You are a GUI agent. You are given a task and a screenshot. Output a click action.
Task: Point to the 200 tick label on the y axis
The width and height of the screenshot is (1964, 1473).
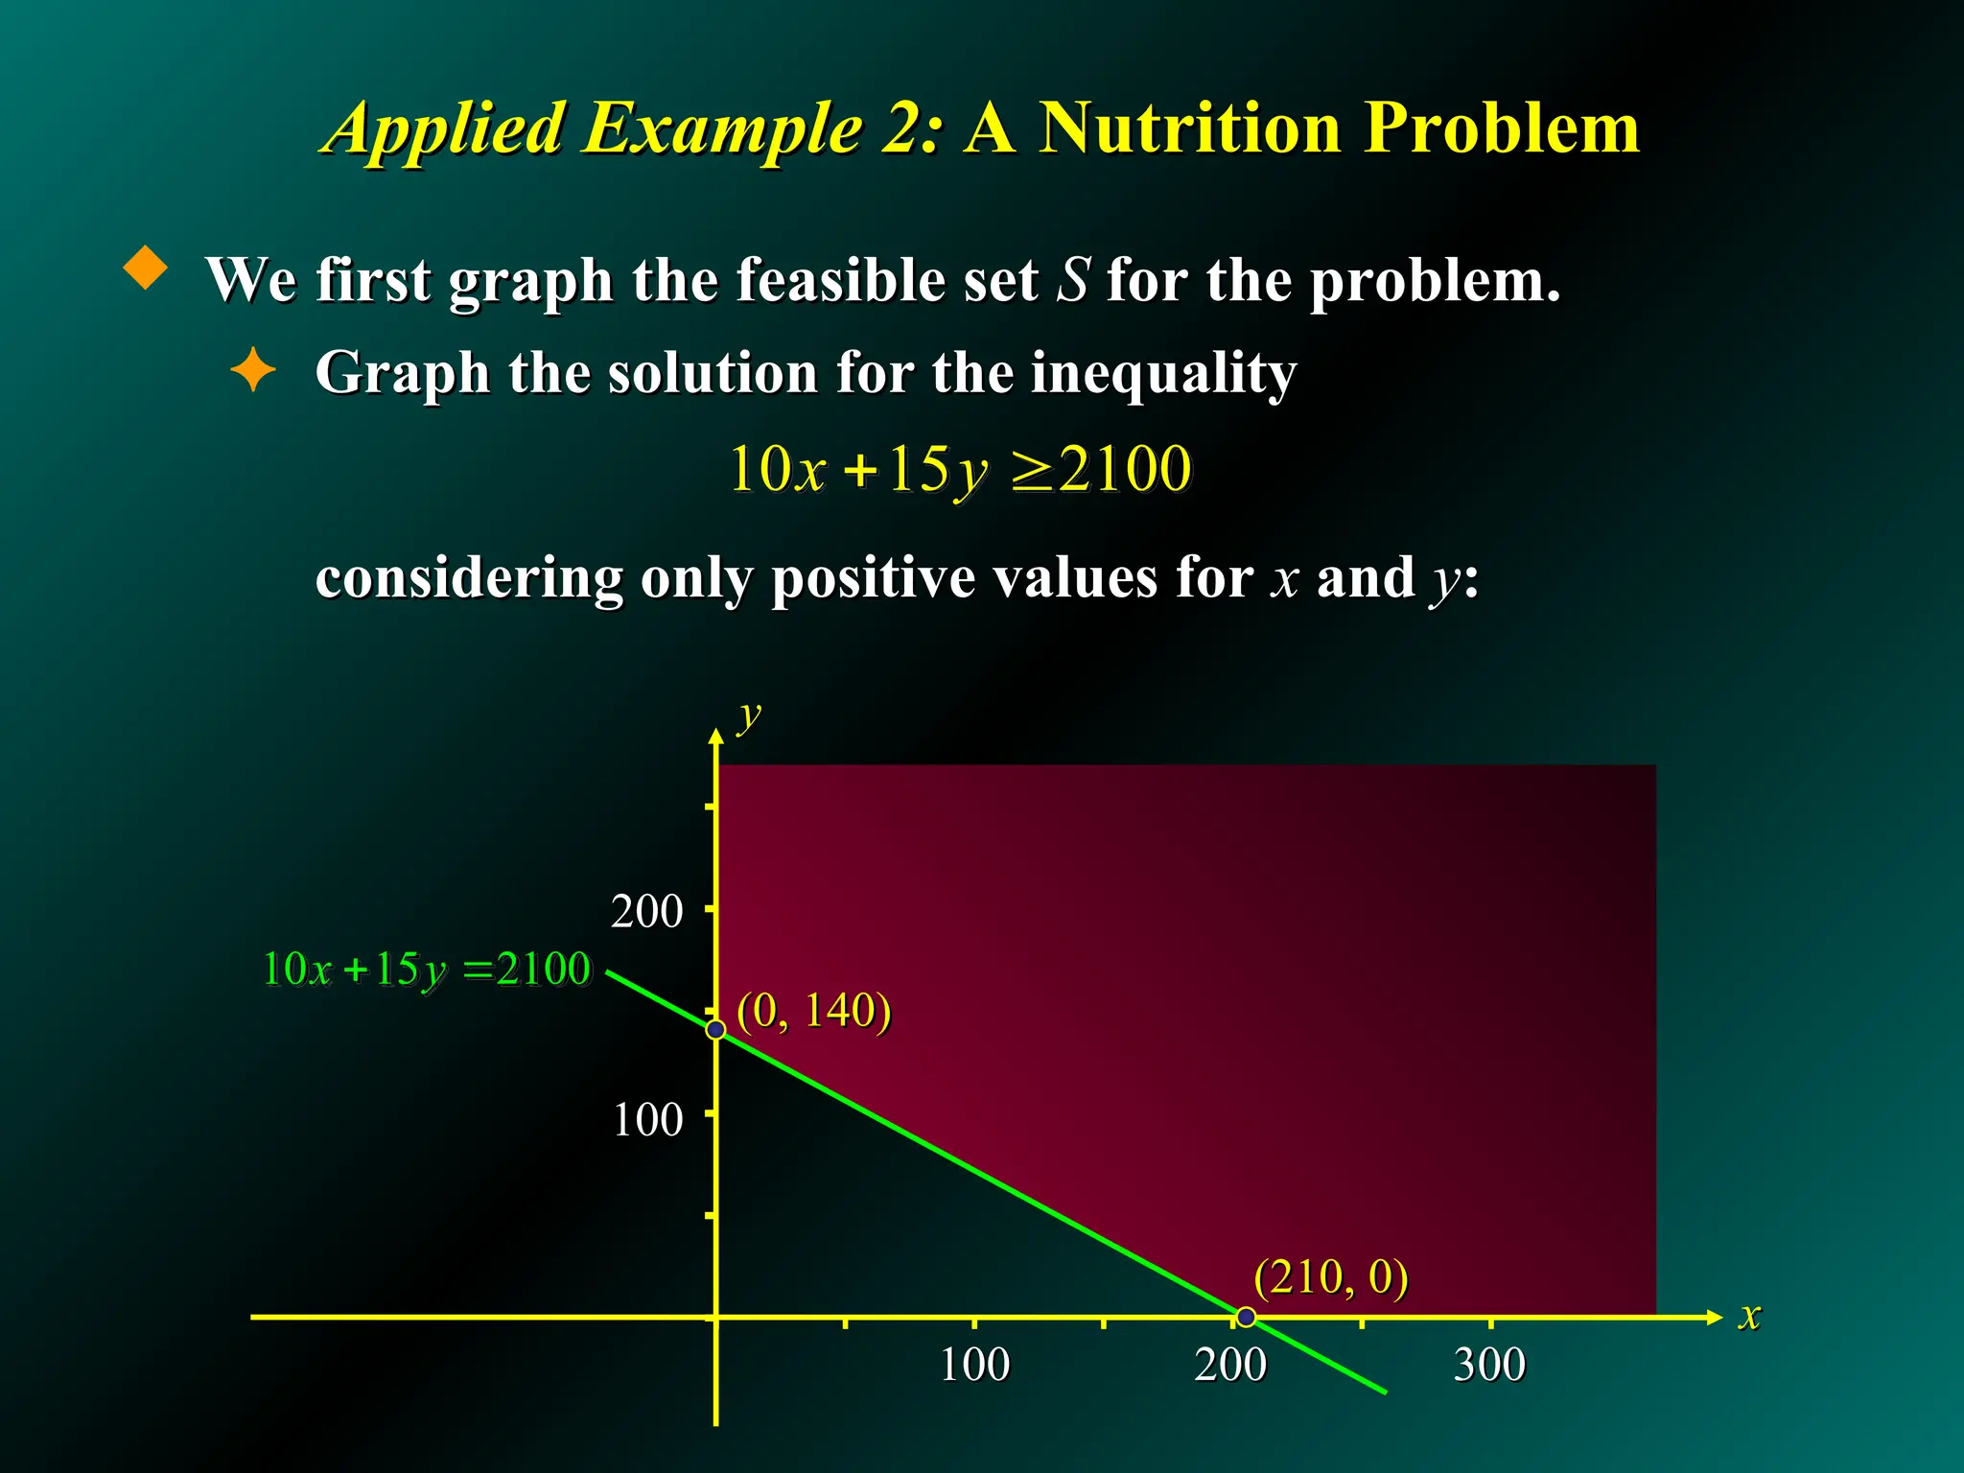tap(646, 912)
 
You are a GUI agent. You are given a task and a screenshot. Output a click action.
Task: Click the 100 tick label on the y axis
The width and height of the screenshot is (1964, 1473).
tap(647, 1120)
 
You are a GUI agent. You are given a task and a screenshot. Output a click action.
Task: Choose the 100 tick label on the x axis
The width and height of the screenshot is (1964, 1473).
tap(974, 1365)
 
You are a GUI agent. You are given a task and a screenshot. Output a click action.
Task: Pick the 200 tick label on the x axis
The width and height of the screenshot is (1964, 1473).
tap(1230, 1365)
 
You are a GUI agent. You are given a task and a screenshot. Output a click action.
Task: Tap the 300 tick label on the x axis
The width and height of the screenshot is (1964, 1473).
tap(1489, 1365)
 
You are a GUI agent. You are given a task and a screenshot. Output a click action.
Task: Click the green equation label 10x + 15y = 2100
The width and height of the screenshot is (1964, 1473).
tap(427, 970)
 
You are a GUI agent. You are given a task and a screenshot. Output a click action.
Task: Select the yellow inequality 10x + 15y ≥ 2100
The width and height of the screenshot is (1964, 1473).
tap(960, 470)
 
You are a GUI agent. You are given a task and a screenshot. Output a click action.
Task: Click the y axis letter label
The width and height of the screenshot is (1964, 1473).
tap(749, 715)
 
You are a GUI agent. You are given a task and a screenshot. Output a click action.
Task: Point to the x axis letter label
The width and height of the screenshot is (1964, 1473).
tap(1750, 1316)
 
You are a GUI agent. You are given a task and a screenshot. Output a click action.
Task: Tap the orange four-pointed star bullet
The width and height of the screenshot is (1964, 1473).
tap(253, 370)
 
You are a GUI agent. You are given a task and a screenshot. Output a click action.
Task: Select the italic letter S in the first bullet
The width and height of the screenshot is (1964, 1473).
tap(1073, 280)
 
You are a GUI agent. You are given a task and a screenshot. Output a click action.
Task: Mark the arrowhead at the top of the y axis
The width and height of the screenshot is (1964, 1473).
tap(716, 736)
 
